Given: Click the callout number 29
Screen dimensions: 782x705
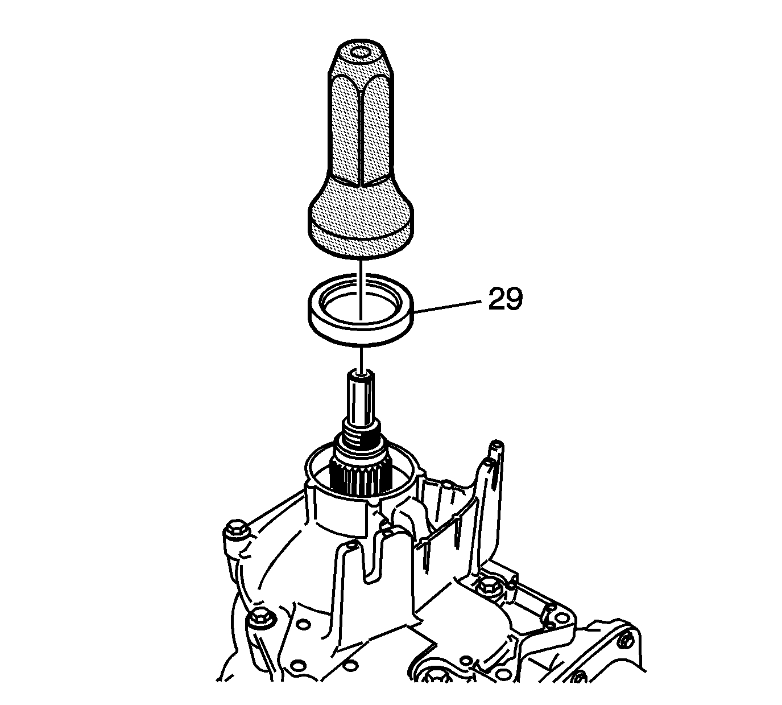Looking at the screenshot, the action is (505, 299).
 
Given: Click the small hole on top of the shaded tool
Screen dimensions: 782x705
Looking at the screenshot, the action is (361, 52).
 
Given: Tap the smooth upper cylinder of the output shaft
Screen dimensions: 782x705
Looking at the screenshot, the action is (361, 397).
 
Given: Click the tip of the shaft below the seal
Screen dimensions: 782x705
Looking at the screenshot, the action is (361, 374).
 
